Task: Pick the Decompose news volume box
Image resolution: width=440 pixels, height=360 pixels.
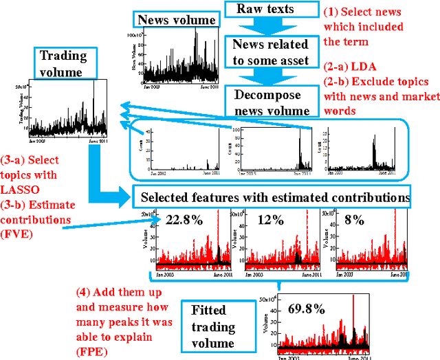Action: coord(272,102)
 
